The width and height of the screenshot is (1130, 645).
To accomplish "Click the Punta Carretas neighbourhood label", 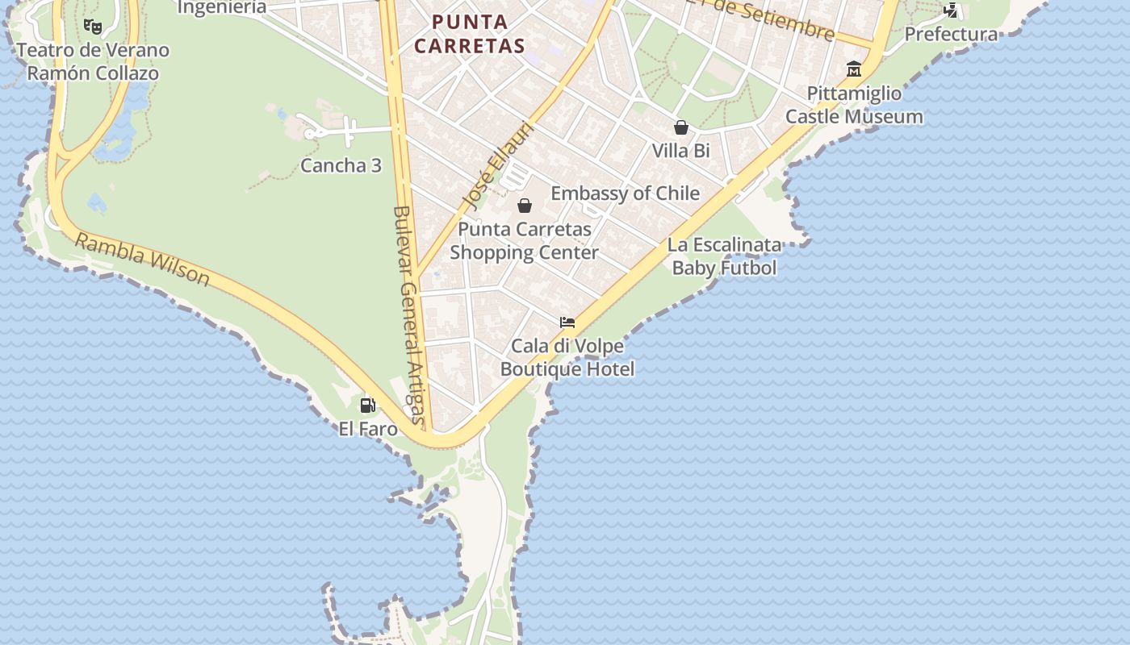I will (469, 34).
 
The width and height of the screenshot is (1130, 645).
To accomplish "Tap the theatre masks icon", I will (93, 27).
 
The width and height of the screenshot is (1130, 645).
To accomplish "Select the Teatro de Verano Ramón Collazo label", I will (93, 61).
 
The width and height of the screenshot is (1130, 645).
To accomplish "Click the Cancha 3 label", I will (341, 165).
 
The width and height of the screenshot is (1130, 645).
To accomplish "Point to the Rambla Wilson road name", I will (143, 260).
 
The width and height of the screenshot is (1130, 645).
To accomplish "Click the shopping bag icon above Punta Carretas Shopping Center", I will (525, 206).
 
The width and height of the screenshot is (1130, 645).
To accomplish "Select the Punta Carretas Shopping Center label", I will (525, 240).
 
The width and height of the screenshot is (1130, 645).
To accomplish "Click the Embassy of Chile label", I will (625, 193).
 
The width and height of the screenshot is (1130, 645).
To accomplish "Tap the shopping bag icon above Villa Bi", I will (681, 127).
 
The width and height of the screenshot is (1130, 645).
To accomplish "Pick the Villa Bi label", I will (681, 151).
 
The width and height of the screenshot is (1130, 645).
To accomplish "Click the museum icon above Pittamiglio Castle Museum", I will (854, 69).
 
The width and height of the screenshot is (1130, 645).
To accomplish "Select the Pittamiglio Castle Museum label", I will (854, 105).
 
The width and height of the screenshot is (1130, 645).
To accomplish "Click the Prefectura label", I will (951, 34).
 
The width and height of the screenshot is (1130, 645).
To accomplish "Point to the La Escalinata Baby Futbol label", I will (724, 256).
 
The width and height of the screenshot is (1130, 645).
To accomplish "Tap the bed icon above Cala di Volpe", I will (567, 322).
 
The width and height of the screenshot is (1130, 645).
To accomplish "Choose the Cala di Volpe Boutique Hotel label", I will (567, 357).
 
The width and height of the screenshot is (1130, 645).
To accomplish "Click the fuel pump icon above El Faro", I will (368, 405).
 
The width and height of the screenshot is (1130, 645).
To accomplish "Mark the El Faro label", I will (368, 428).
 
